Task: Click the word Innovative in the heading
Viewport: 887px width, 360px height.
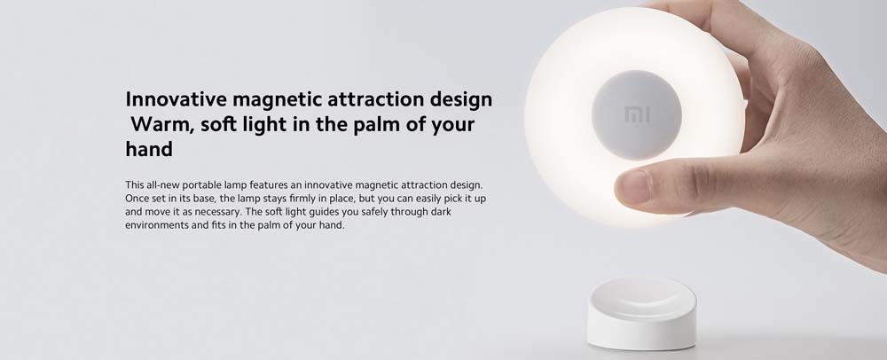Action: [176, 99]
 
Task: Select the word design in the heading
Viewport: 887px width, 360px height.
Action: [460, 100]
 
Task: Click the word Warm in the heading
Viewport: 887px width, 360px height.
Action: [162, 124]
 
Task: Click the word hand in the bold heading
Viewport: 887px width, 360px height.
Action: [149, 149]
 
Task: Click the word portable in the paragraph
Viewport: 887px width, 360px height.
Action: [187, 185]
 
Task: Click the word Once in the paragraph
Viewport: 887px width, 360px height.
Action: [136, 199]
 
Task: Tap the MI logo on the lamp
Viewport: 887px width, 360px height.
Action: [637, 115]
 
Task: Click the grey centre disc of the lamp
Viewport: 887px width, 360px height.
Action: [637, 115]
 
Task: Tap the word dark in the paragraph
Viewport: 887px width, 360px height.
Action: [441, 211]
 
